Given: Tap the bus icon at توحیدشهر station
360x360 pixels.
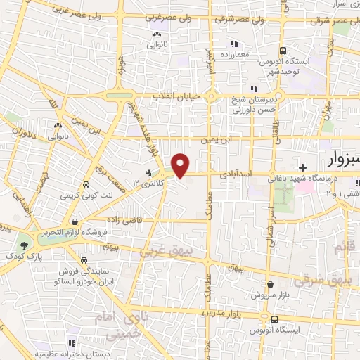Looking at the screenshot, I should click(x=283, y=51).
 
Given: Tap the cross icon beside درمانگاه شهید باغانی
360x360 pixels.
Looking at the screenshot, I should click(x=302, y=167).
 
